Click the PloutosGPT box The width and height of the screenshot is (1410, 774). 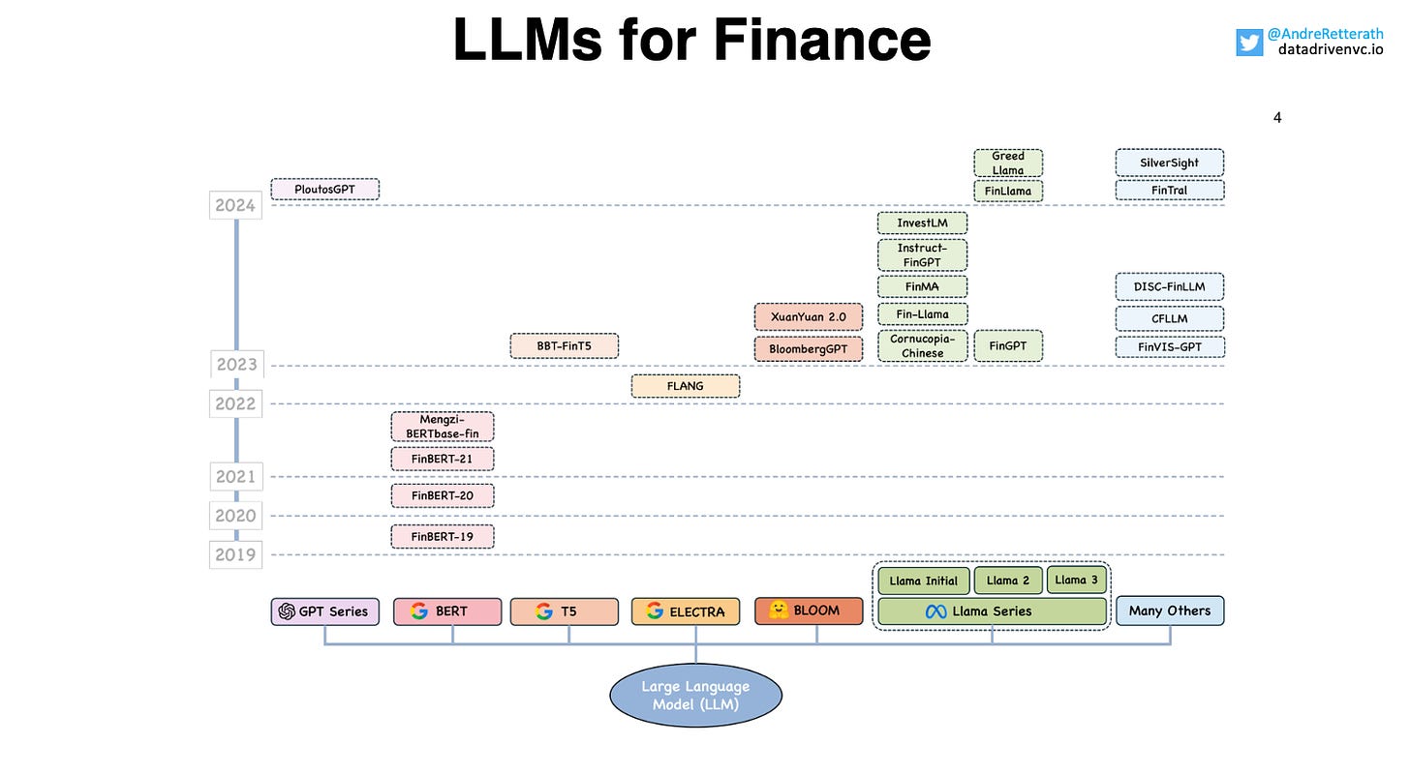(324, 190)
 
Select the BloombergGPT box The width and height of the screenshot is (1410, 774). (809, 349)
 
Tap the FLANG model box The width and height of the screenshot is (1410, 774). (686, 386)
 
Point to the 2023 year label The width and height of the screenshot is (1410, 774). (236, 364)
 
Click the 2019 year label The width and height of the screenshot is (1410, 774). (235, 554)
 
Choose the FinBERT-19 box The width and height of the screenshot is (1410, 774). (443, 536)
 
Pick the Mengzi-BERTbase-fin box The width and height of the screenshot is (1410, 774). (443, 427)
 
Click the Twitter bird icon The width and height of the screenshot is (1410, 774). (1249, 43)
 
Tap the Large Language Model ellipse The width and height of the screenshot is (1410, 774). (695, 696)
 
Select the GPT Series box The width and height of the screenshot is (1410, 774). (324, 611)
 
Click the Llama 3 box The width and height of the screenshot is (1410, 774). (1077, 580)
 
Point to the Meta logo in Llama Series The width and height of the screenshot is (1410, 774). (936, 611)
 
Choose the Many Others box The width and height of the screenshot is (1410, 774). (1170, 610)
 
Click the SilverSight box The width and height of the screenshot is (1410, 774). (1170, 163)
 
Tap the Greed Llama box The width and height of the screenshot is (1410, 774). (1008, 163)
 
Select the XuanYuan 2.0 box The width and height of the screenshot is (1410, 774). (809, 317)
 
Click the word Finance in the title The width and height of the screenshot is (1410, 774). (821, 40)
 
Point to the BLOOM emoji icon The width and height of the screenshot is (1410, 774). (779, 610)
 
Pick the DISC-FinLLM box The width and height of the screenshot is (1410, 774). (1170, 286)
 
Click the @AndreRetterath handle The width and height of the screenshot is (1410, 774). (1325, 33)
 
